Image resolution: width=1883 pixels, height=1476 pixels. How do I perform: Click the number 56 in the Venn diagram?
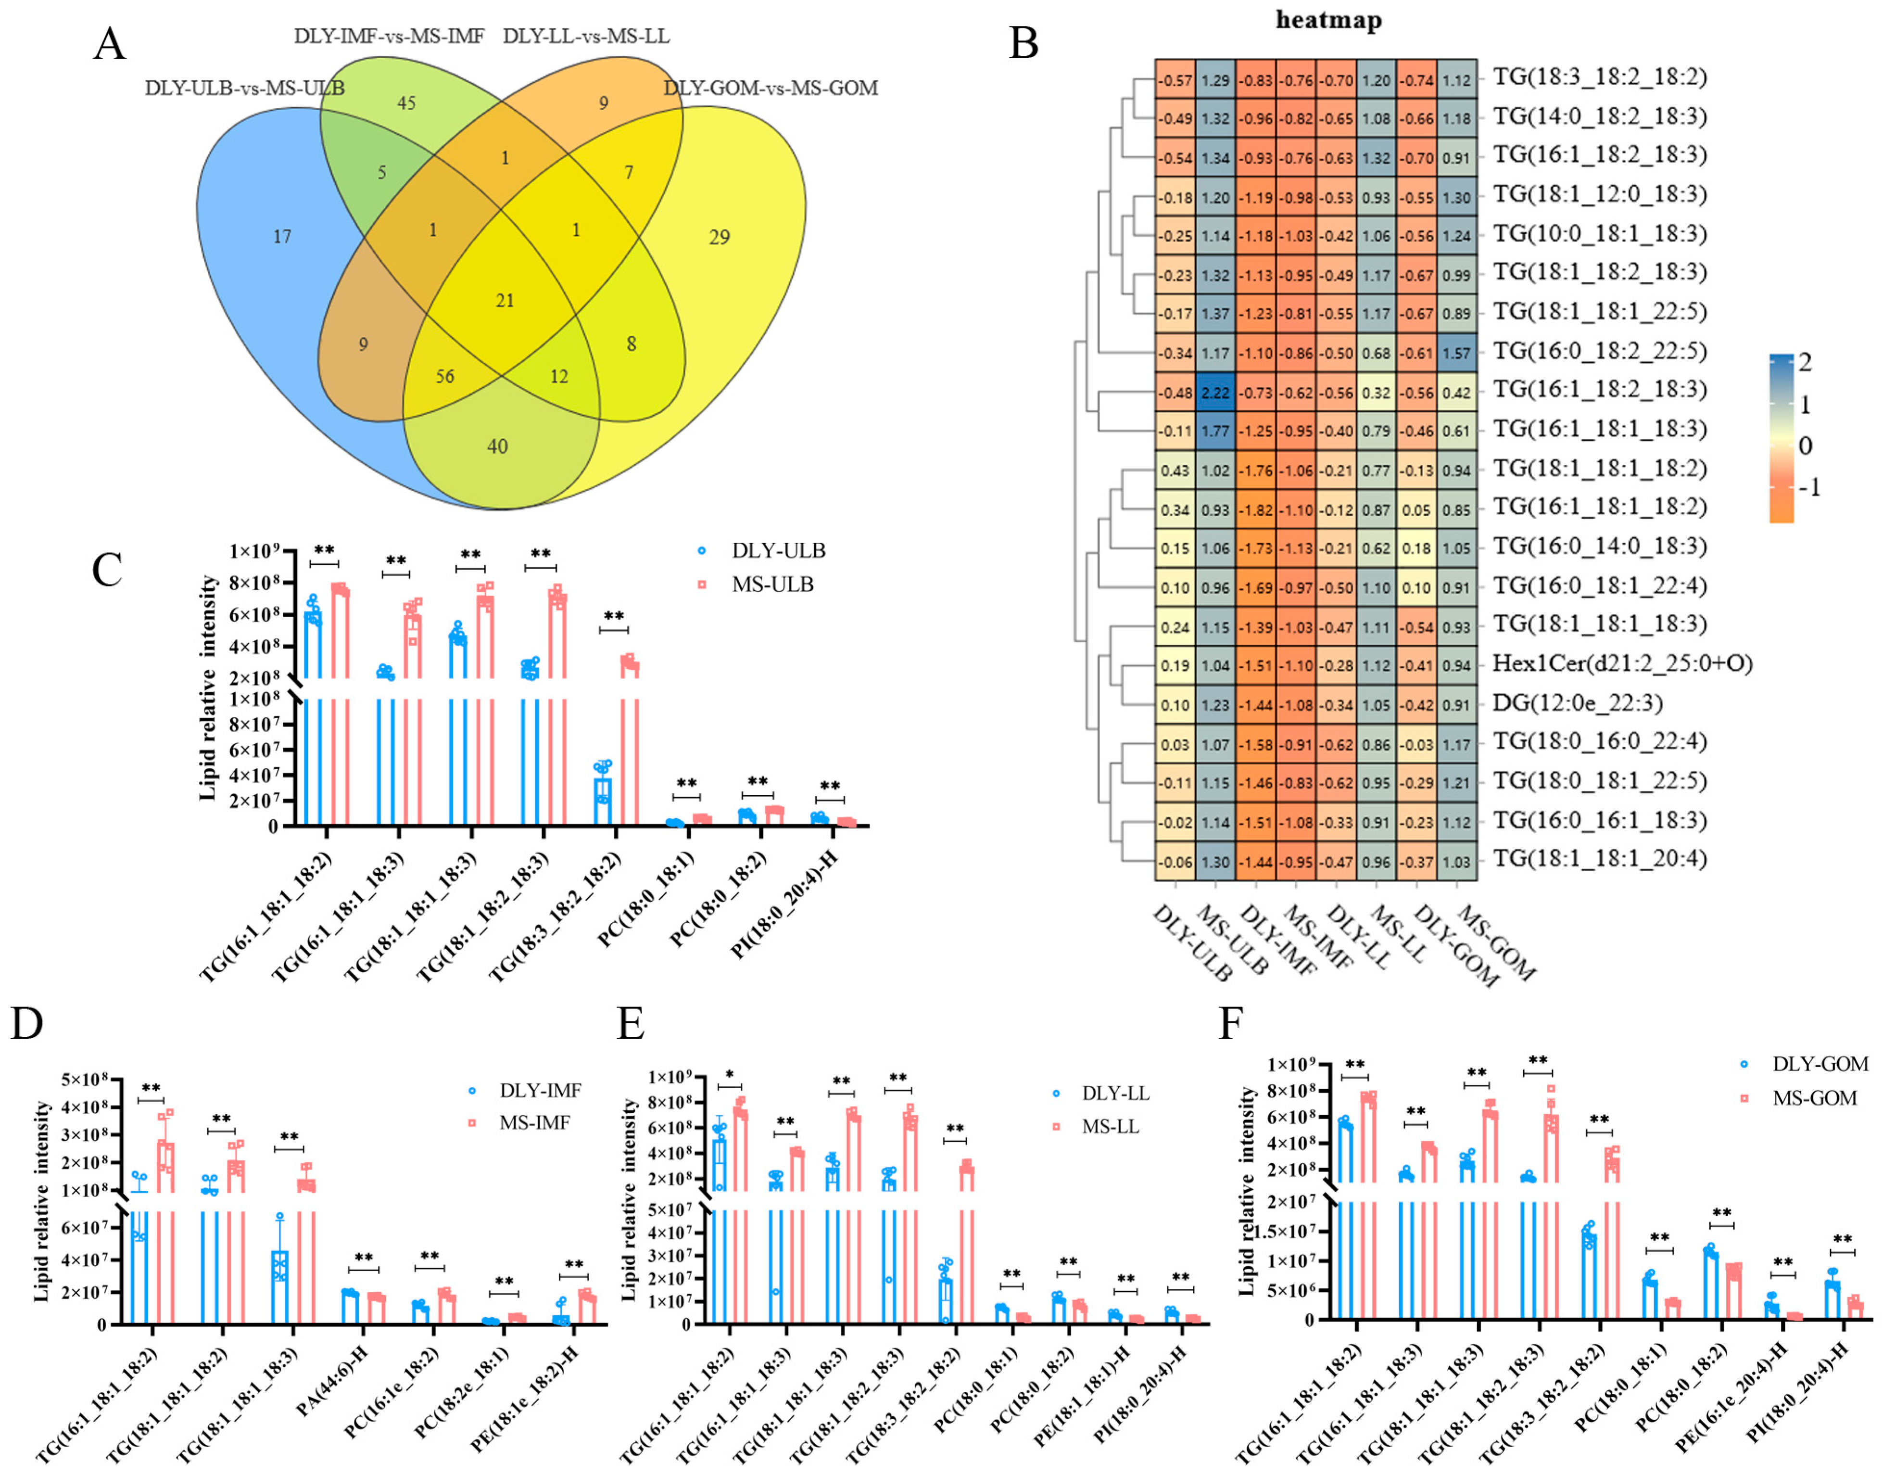(445, 376)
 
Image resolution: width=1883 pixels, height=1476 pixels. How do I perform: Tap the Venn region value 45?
(406, 103)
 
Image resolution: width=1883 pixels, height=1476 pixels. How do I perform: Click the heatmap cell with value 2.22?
(1215, 392)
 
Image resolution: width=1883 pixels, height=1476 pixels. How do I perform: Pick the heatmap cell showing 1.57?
(1456, 353)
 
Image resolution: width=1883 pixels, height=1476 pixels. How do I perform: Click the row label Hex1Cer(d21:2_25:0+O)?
(1622, 663)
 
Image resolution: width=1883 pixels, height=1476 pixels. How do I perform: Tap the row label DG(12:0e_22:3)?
(1577, 702)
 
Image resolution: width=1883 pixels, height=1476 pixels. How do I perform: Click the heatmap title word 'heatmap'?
(1328, 20)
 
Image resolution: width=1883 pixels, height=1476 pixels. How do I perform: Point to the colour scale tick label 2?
(1805, 362)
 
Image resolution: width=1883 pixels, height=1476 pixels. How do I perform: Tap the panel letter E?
(631, 1023)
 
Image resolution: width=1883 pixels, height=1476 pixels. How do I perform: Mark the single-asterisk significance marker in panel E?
(730, 1076)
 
